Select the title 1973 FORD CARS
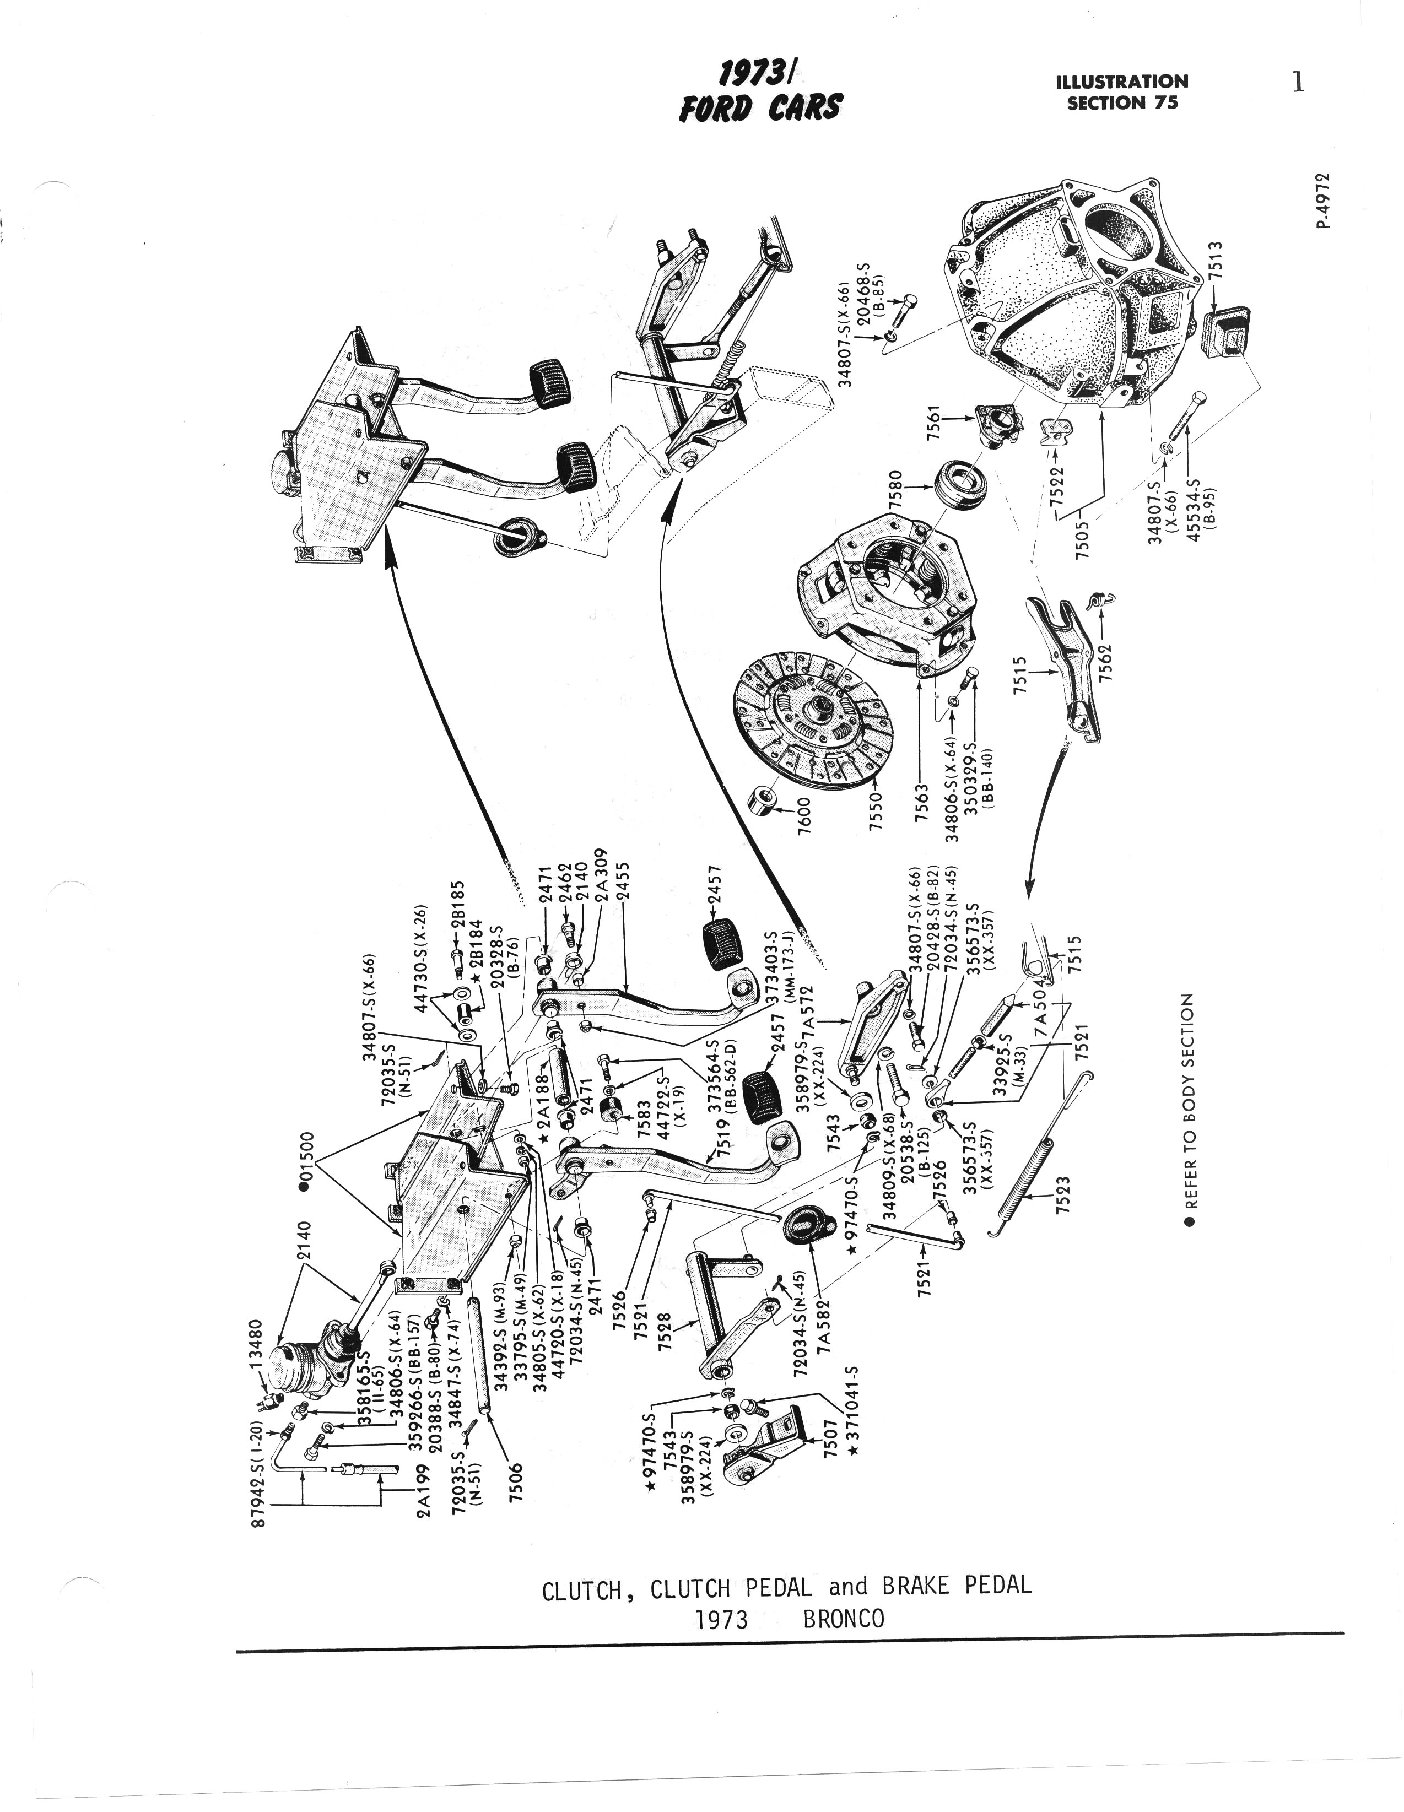(759, 94)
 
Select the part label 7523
(1063, 1196)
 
